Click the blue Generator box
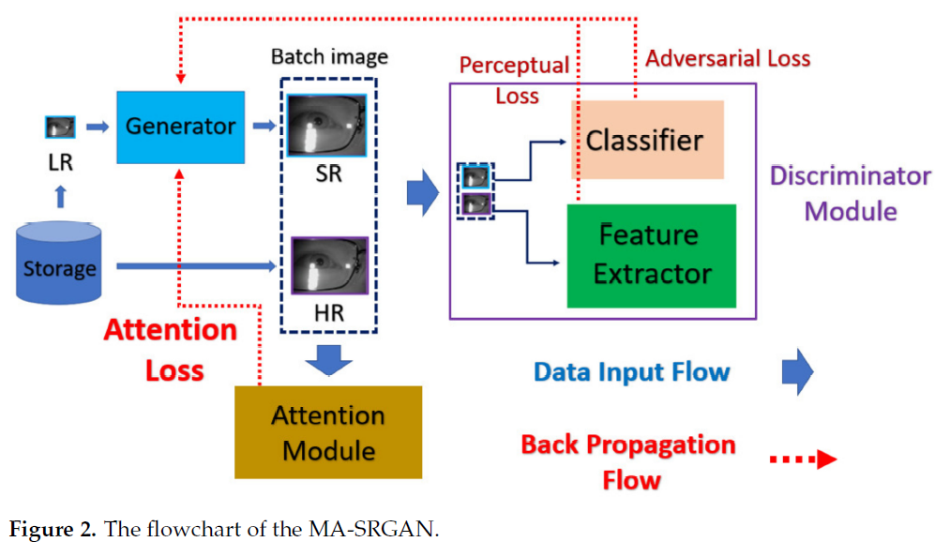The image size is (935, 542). pyautogui.click(x=181, y=127)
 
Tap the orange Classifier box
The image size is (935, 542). pyautogui.click(x=644, y=140)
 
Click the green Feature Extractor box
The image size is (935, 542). pyautogui.click(x=651, y=255)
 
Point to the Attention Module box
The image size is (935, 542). pyautogui.click(x=327, y=432)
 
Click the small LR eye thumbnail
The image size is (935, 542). pyautogui.click(x=60, y=127)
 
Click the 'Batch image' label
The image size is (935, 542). pyautogui.click(x=329, y=57)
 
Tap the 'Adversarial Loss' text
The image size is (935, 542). pyautogui.click(x=728, y=58)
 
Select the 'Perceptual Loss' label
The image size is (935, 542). pyautogui.click(x=514, y=80)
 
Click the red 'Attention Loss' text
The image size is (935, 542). pyautogui.click(x=171, y=349)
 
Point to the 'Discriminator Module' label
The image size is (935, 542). pyautogui.click(x=850, y=193)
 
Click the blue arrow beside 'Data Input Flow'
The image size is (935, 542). pyautogui.click(x=797, y=372)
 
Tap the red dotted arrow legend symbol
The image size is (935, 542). pyautogui.click(x=803, y=459)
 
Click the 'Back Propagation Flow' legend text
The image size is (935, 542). pyautogui.click(x=628, y=461)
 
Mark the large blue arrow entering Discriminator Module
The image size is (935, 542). pyautogui.click(x=422, y=192)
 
